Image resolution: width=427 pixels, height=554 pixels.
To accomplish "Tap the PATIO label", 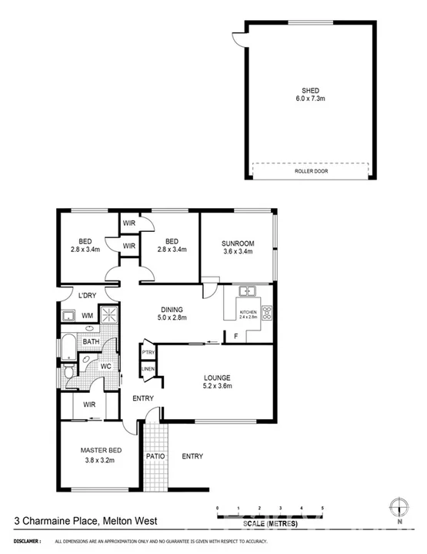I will point(154,456).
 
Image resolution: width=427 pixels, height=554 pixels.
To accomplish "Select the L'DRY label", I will point(86,295).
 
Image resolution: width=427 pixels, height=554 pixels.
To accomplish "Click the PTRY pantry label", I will point(148,354).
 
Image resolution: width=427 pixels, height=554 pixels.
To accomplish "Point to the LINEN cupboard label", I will point(148,369).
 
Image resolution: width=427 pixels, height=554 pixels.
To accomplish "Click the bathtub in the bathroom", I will point(67,348).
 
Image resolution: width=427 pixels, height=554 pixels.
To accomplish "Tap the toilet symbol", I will point(69,373).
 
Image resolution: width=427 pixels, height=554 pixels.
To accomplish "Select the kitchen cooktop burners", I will point(267,313).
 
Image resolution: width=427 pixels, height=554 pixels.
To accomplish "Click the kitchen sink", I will point(247,291).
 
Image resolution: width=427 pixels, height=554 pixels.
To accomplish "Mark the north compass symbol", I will point(399,507).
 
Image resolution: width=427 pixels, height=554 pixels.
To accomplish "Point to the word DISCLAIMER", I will point(21,542).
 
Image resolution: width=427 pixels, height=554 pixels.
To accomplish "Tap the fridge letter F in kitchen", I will point(235,334).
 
